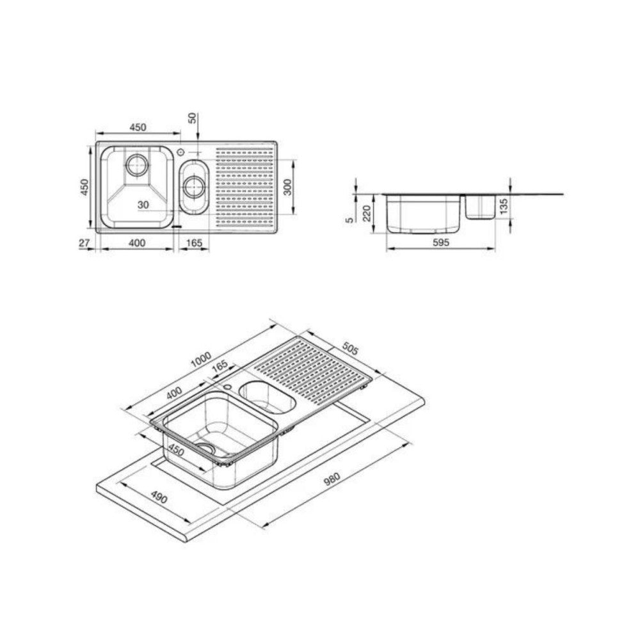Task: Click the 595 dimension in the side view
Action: click(x=441, y=243)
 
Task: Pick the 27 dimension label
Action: click(x=82, y=243)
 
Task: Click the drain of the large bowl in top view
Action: click(x=136, y=165)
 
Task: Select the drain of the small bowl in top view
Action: click(x=195, y=187)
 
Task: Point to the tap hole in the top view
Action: click(x=182, y=152)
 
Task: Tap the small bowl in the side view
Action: click(x=479, y=207)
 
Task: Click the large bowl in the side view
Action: click(x=424, y=214)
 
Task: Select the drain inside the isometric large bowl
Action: click(x=206, y=447)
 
